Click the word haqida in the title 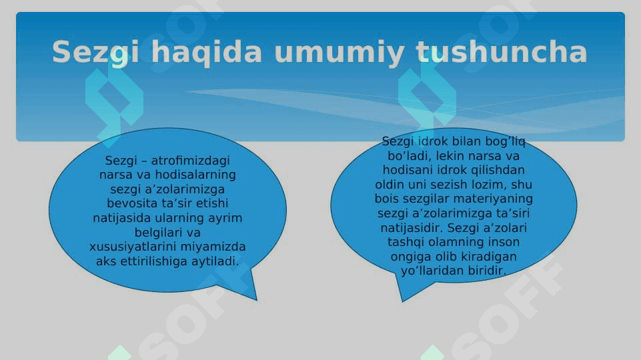click(207, 53)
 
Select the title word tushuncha click(502, 52)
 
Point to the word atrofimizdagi click(190, 161)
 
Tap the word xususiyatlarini click(133, 247)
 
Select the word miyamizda click(213, 247)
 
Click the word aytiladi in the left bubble click(215, 261)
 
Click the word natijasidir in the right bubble click(412, 227)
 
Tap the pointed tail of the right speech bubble click(403, 301)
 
